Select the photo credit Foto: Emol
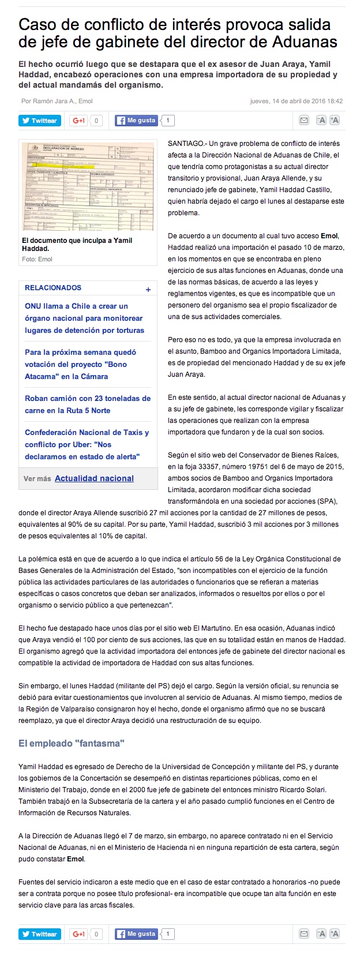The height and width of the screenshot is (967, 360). [37, 259]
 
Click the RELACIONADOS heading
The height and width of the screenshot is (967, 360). [53, 287]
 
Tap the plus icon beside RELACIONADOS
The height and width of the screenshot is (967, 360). [148, 290]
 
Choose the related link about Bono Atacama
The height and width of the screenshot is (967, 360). [81, 364]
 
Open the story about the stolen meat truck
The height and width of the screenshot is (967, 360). [88, 404]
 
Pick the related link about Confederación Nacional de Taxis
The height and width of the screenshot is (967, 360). [87, 444]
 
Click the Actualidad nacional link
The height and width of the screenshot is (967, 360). [94, 478]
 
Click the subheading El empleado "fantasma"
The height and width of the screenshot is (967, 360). [72, 743]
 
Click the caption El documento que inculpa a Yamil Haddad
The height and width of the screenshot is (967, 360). [77, 244]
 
